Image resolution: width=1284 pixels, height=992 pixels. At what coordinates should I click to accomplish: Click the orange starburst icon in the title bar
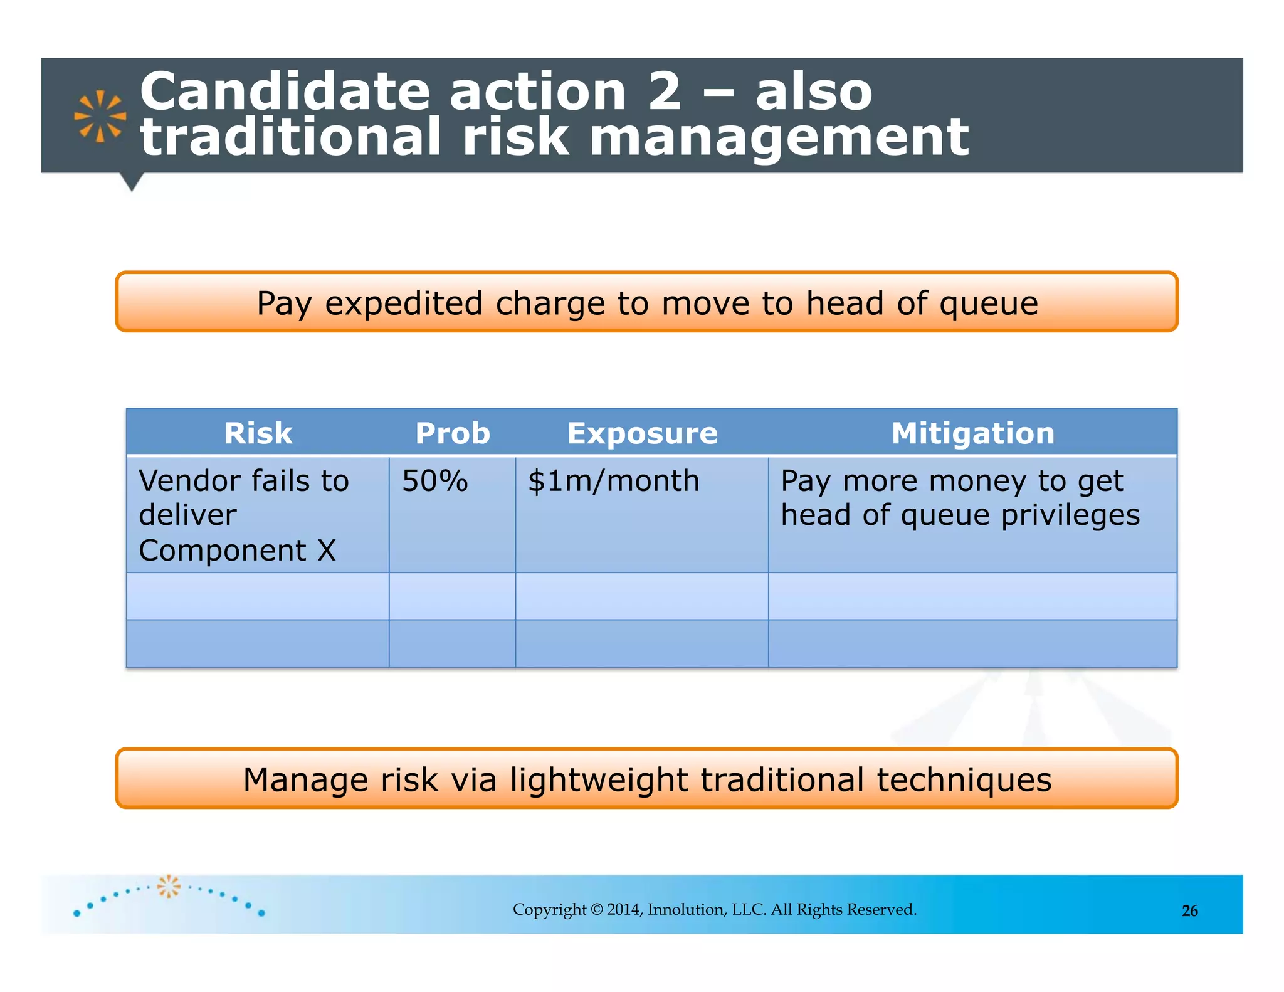click(x=100, y=116)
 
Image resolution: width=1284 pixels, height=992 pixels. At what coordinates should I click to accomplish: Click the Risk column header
click(x=258, y=433)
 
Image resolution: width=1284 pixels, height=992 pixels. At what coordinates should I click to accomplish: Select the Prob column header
click(x=453, y=433)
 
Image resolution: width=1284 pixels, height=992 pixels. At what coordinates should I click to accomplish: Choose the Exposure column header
click(x=643, y=433)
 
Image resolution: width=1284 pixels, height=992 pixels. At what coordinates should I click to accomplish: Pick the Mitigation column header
click(x=973, y=433)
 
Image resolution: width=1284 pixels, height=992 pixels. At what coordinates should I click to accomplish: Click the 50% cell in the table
click(x=435, y=481)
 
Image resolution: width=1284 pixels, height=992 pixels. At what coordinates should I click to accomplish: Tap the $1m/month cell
click(x=613, y=482)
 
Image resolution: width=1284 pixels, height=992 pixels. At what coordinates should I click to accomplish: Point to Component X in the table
click(x=237, y=551)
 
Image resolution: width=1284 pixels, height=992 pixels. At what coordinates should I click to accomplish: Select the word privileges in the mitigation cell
click(x=1070, y=515)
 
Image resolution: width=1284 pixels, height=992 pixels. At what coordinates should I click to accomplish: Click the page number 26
click(x=1189, y=911)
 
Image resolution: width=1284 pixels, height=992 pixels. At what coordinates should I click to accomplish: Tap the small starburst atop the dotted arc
click(x=168, y=886)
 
